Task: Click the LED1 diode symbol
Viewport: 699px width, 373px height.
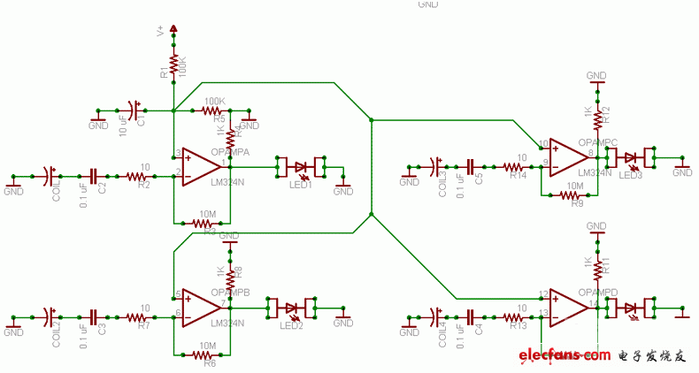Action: (x=302, y=166)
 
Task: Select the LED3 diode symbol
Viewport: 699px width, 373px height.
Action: (x=631, y=159)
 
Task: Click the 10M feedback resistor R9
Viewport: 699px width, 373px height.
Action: (x=575, y=195)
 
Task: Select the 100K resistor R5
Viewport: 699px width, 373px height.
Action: (x=213, y=110)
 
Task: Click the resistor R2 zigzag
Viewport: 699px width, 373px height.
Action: (x=135, y=177)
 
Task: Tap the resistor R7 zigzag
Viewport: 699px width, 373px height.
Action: (x=135, y=316)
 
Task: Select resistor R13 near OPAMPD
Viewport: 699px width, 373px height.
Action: (x=516, y=316)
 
